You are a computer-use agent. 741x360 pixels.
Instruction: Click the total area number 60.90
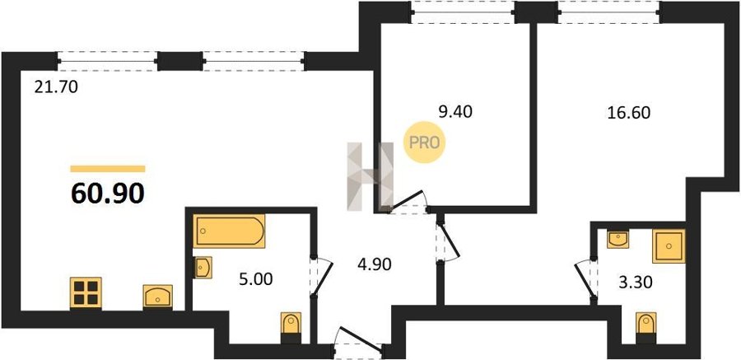108,193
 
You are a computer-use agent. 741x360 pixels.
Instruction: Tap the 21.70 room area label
56,87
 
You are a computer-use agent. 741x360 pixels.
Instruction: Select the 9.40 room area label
455,112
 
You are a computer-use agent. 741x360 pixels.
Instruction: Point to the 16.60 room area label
629,113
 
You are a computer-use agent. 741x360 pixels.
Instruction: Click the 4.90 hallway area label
375,265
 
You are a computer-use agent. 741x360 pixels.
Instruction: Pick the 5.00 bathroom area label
256,279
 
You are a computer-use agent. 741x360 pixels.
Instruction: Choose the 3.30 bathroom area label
636,283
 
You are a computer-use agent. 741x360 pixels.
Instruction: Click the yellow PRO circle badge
424,142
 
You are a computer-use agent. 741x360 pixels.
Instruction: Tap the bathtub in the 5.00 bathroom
229,231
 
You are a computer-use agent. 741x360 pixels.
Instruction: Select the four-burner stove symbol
86,293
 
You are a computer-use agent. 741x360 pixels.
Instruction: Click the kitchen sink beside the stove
158,297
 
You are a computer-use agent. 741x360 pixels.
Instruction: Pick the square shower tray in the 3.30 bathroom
669,246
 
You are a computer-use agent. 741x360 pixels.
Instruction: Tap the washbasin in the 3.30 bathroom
617,240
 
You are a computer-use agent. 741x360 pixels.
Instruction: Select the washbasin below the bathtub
203,268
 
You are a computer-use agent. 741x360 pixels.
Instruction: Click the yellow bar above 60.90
108,169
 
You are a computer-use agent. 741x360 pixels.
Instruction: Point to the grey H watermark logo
370,176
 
